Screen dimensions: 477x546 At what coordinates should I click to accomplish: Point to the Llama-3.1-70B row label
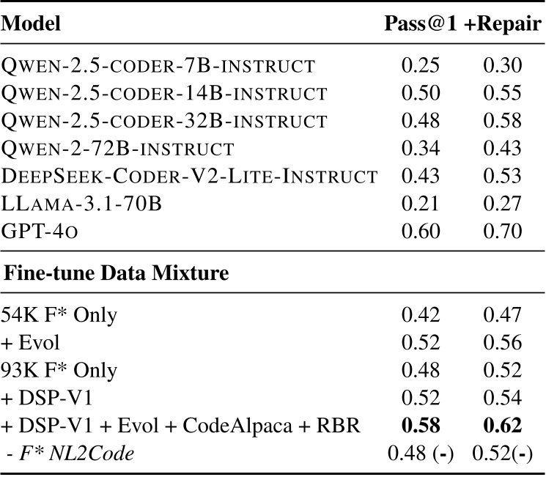[x=81, y=204]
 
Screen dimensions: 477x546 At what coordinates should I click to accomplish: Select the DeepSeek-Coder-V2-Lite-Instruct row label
[x=190, y=177]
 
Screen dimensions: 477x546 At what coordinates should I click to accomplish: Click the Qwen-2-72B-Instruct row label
[x=118, y=149]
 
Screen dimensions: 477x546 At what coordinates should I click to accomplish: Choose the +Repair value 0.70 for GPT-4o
[x=502, y=232]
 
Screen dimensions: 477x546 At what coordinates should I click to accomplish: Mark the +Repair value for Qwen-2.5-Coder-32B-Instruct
[x=502, y=121]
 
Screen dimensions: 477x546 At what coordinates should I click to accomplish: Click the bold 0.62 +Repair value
[x=502, y=426]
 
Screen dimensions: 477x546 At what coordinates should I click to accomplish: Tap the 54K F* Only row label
[x=59, y=315]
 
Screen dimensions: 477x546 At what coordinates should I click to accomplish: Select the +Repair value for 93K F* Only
[x=502, y=371]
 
